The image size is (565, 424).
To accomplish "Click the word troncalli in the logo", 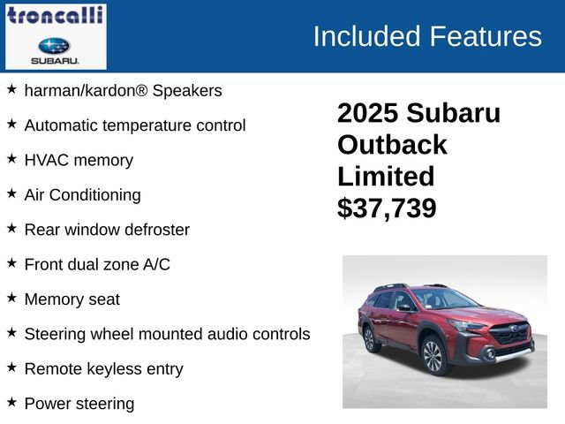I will coord(55,15).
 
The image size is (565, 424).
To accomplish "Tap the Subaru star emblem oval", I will coord(55,45).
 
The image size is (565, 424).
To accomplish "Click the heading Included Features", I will coord(427,36).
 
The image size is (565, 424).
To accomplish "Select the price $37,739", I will coord(387,208).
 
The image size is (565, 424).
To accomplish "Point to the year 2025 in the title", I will coord(369,113).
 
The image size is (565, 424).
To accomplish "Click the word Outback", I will coord(392,145).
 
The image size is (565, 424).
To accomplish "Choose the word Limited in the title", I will coord(386,176).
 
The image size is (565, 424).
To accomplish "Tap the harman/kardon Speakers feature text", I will coord(123,90).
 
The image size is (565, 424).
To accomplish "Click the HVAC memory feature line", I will coord(79,160).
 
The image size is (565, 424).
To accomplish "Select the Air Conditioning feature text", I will coord(82,194).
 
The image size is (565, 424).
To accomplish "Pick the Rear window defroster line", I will coord(107,230).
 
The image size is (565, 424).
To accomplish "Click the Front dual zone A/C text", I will coord(97,264).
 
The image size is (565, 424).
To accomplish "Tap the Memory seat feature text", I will coord(72,299).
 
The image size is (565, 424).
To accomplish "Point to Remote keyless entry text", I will coord(103,368).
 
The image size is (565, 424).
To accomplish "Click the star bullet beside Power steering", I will coord(11,402).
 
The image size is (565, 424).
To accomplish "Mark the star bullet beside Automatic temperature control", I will coord(11,124).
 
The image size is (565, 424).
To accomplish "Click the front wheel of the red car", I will coord(433,355).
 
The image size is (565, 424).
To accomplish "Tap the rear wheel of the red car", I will coord(369,338).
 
